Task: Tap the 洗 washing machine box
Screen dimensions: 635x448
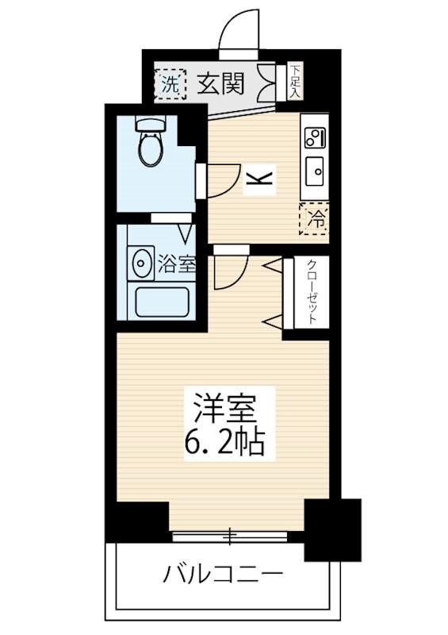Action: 169,83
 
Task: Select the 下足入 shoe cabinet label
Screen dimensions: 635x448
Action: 295,81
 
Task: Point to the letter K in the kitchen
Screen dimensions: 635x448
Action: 259,180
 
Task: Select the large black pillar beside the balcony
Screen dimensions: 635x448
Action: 332,529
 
